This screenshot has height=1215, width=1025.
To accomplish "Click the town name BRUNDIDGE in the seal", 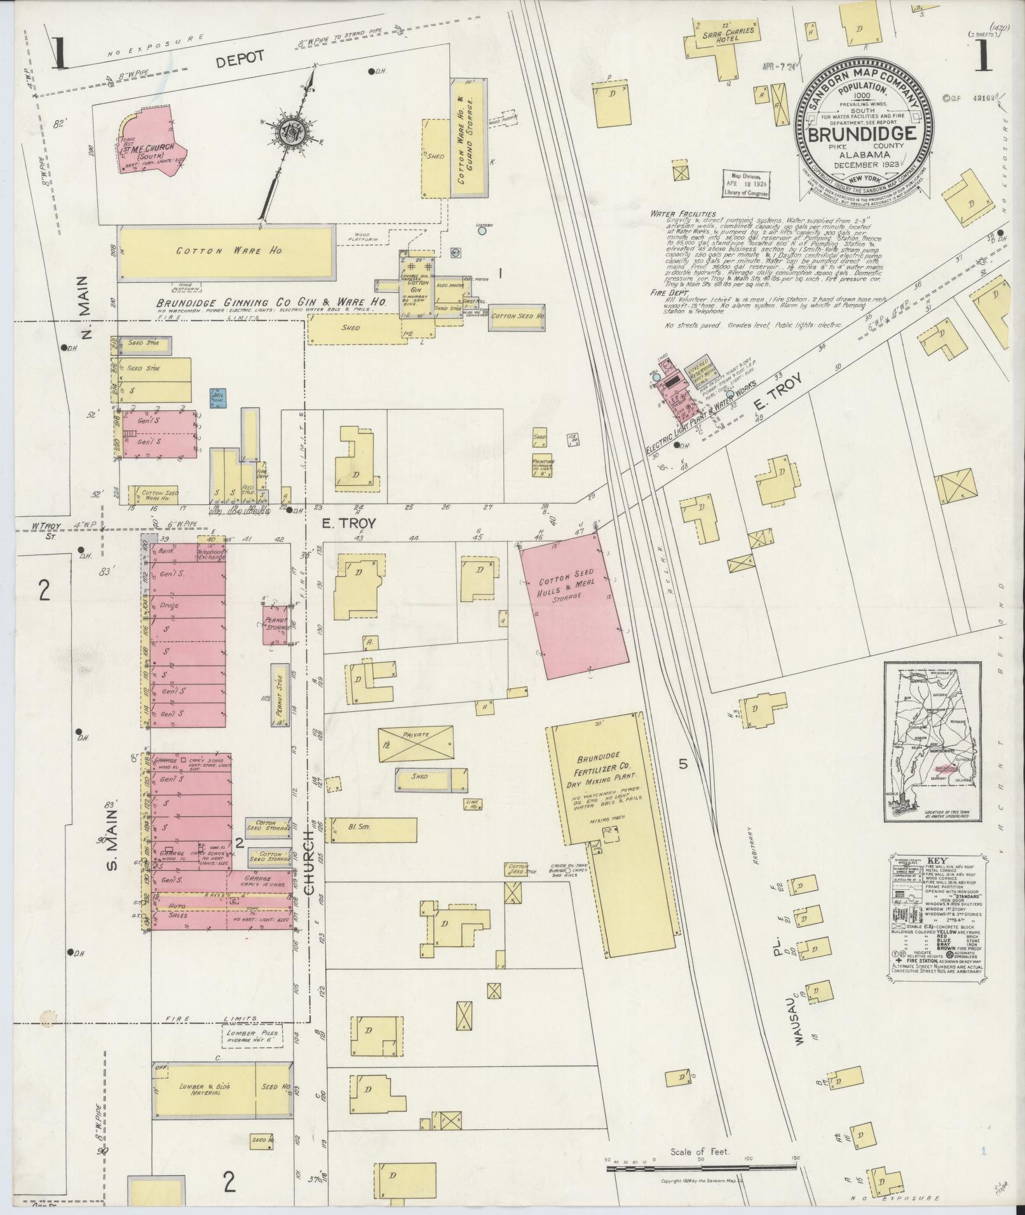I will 862,135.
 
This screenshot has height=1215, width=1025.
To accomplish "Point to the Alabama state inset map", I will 925,741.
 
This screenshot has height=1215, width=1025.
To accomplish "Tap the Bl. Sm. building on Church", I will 370,828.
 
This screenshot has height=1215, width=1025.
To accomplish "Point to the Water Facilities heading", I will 682,214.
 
